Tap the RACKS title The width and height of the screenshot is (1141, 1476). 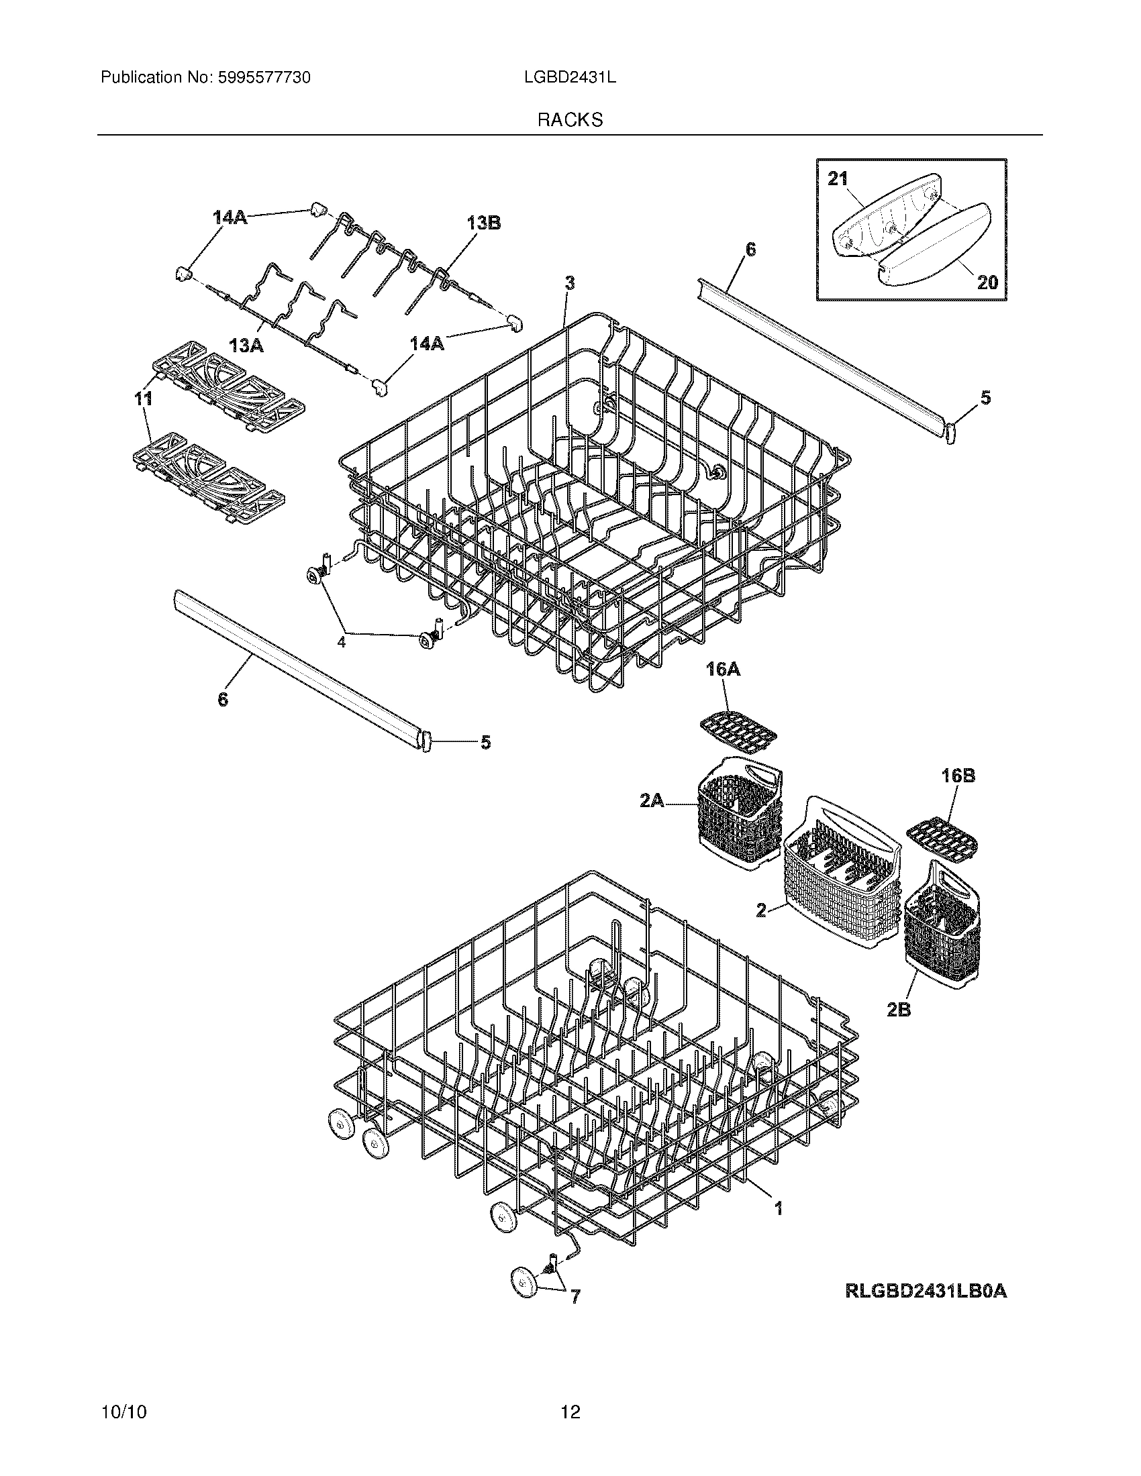click(x=570, y=120)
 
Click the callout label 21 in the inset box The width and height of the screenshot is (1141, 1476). click(x=838, y=179)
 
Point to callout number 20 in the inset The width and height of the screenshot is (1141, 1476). click(x=987, y=282)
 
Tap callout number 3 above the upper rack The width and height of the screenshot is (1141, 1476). click(x=570, y=284)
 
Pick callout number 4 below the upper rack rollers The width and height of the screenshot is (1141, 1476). click(x=342, y=642)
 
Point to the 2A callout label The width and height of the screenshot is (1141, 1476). click(x=651, y=802)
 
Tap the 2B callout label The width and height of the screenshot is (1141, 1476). click(x=898, y=1029)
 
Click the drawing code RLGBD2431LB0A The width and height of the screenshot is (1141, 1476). click(x=926, y=1291)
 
